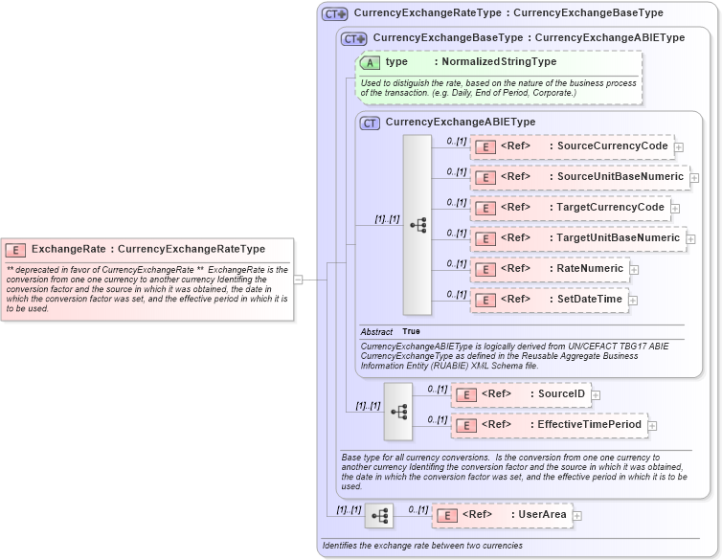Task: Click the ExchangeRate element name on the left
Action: (x=69, y=249)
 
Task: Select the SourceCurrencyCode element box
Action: (x=572, y=146)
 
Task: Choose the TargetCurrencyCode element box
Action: (x=570, y=208)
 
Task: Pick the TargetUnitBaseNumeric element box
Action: (x=577, y=238)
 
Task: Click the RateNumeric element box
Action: (x=549, y=269)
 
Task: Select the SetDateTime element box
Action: (x=549, y=300)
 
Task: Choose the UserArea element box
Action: (x=501, y=515)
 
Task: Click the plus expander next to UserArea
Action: (x=577, y=516)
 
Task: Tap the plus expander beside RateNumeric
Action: (x=634, y=270)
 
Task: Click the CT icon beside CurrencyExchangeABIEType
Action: (x=370, y=123)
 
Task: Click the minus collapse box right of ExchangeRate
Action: (x=298, y=280)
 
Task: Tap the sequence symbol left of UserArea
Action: (x=379, y=516)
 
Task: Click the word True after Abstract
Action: (x=411, y=331)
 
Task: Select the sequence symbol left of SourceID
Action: (x=398, y=411)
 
